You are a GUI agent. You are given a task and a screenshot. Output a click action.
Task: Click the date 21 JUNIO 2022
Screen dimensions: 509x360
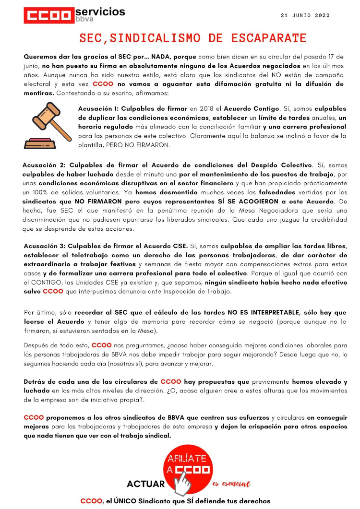pyautogui.click(x=306, y=15)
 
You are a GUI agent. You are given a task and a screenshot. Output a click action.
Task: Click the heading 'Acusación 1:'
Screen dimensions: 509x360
pyautogui.click(x=99, y=109)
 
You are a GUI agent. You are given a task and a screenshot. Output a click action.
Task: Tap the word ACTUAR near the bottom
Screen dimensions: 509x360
pyautogui.click(x=145, y=484)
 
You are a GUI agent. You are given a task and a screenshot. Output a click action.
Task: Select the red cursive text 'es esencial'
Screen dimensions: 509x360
pyautogui.click(x=231, y=485)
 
